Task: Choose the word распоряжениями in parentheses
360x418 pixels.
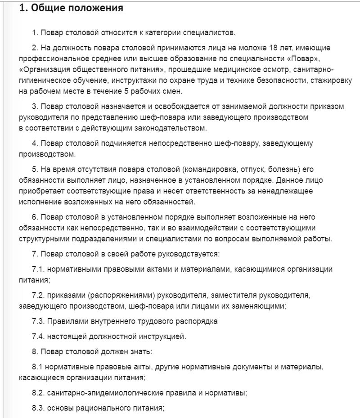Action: point(122,296)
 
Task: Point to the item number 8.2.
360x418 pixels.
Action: point(38,393)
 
